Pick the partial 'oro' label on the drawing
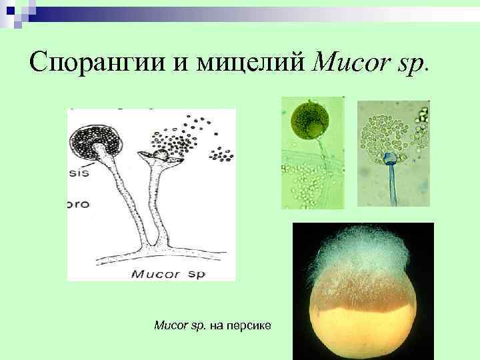coord(79,203)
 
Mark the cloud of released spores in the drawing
coord(183,137)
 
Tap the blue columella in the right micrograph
coord(389,159)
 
